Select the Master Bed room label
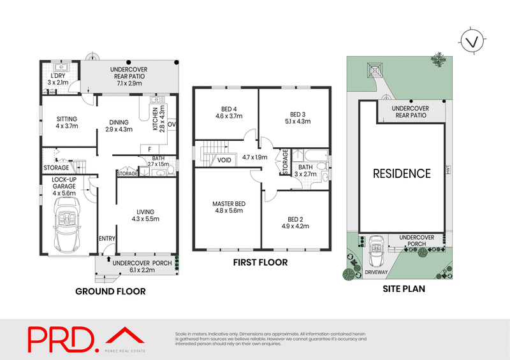(228, 204)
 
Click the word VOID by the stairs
(224, 160)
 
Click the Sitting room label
(66, 118)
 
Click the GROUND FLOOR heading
(110, 291)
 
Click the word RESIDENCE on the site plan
(402, 173)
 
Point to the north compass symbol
(471, 42)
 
